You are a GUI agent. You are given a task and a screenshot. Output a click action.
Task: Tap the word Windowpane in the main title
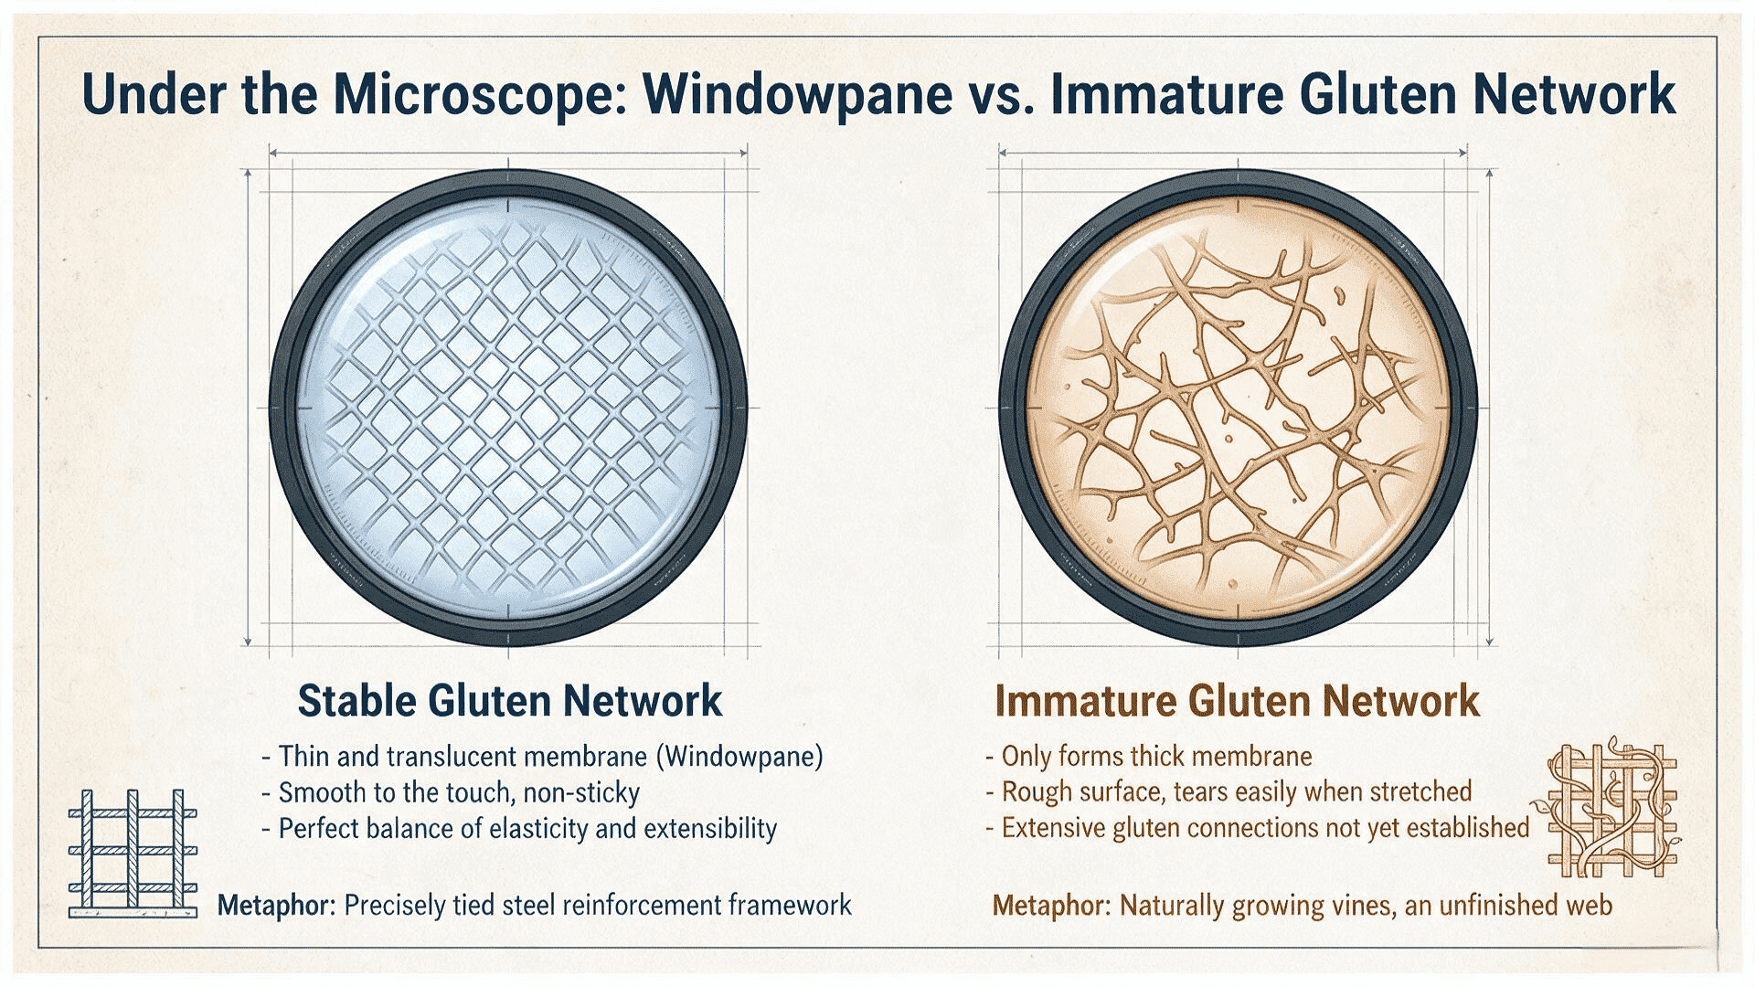click(x=798, y=93)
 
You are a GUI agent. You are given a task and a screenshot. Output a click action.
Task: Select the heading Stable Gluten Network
click(x=510, y=701)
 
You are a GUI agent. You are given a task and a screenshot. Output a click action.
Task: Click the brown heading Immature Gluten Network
click(x=1237, y=701)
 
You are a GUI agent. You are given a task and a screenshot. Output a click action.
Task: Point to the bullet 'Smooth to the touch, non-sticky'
click(x=451, y=792)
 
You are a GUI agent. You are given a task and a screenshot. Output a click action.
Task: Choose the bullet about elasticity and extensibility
click(x=519, y=828)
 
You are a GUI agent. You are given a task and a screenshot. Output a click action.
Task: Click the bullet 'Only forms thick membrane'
click(x=1149, y=756)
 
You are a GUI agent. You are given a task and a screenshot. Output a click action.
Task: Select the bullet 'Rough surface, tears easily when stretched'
click(x=1229, y=791)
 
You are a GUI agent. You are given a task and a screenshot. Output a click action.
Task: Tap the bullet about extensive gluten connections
click(x=1258, y=827)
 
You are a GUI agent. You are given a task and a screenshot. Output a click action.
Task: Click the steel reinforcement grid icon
click(x=133, y=854)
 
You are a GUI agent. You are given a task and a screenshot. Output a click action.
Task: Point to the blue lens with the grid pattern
click(x=509, y=408)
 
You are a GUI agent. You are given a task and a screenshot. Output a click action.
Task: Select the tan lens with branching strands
click(x=1239, y=408)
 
